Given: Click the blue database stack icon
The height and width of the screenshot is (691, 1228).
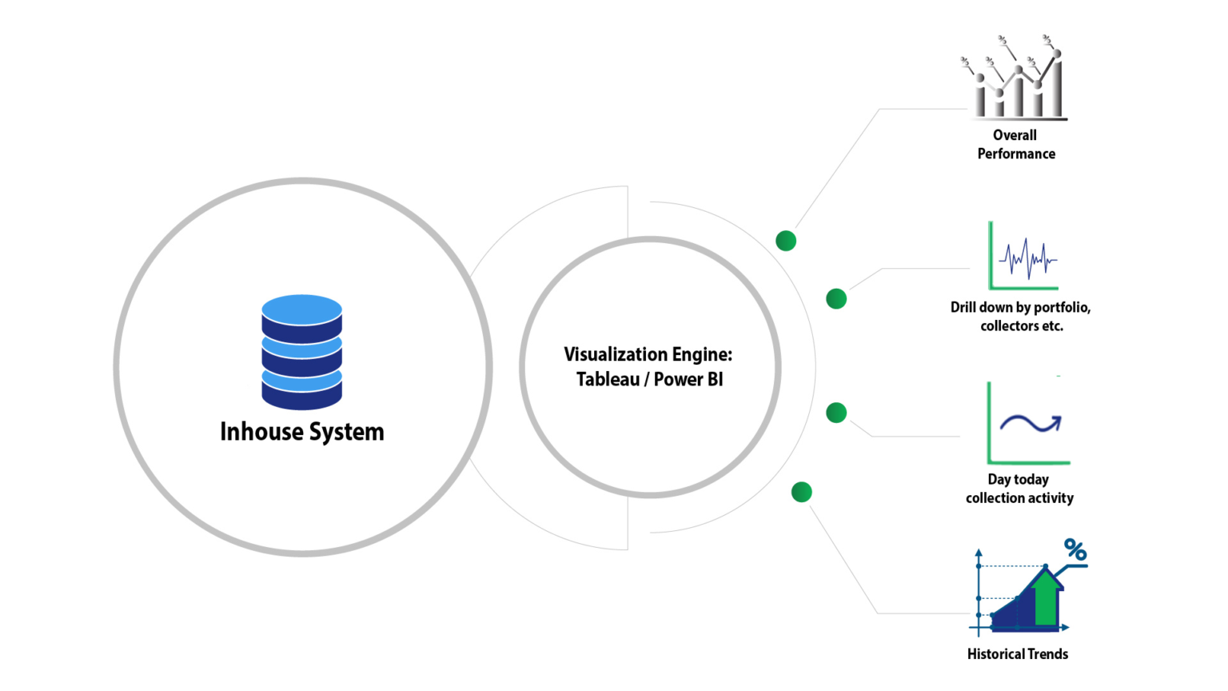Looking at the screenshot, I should (x=301, y=352).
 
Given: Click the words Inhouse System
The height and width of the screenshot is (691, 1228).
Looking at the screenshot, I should (x=301, y=432).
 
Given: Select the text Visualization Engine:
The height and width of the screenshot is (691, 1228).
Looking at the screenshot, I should (x=648, y=354).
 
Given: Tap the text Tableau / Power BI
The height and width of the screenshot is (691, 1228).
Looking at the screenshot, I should (x=649, y=379).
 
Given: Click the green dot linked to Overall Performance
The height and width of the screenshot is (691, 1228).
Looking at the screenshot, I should (x=786, y=241).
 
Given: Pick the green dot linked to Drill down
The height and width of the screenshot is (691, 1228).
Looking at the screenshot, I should (x=836, y=299).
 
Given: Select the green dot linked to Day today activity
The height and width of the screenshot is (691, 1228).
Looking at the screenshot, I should (x=836, y=413).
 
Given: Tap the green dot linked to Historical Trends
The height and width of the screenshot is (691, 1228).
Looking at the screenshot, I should (x=801, y=492).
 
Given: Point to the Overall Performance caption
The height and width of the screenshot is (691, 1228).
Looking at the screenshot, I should (x=1015, y=145).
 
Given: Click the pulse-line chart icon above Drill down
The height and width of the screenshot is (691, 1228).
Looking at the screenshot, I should (x=1025, y=258).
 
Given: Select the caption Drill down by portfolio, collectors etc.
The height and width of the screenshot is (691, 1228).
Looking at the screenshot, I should (x=1020, y=317).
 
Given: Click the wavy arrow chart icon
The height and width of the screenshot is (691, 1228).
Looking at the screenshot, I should (x=1029, y=423).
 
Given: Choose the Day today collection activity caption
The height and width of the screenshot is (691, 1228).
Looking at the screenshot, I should (x=1019, y=489).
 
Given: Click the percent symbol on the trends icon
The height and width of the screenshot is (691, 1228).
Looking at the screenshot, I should (x=1075, y=549).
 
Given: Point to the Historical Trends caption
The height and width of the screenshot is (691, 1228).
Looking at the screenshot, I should (x=1017, y=654).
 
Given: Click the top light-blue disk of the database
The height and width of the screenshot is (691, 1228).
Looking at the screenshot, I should (x=301, y=310).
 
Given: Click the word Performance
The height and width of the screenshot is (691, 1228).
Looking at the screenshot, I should (x=1016, y=154).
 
